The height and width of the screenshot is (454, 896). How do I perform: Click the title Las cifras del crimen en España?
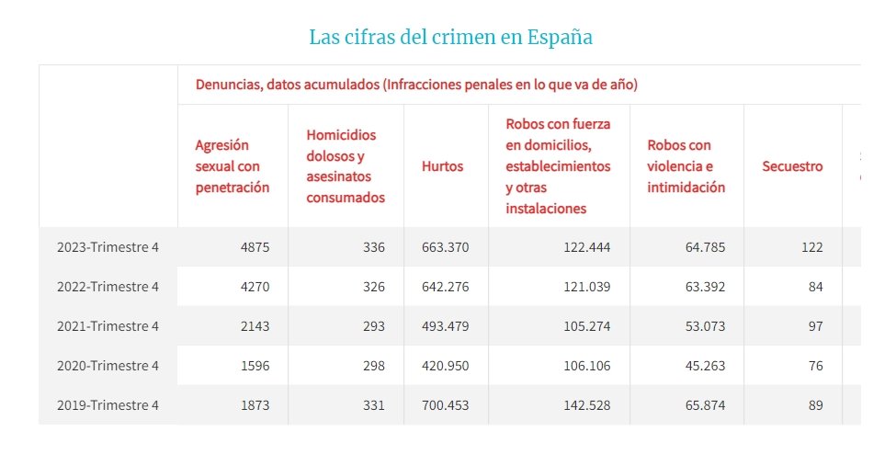coord(450,38)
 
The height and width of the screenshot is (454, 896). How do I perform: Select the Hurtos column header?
coord(442,166)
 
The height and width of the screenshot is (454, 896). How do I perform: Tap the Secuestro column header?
coord(792,166)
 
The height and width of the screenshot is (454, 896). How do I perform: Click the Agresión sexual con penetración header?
coord(233,166)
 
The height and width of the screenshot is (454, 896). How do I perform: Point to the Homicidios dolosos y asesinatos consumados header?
coord(346,166)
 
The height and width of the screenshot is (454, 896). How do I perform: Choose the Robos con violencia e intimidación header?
coord(686,166)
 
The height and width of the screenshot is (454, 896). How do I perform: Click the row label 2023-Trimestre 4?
coord(108,247)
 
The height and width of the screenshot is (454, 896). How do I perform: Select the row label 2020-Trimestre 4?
coord(108,366)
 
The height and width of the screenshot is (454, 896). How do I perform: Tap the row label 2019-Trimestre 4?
coord(108,405)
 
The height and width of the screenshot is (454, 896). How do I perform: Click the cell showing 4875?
coord(253,247)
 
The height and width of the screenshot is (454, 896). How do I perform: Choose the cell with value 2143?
coord(253,326)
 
